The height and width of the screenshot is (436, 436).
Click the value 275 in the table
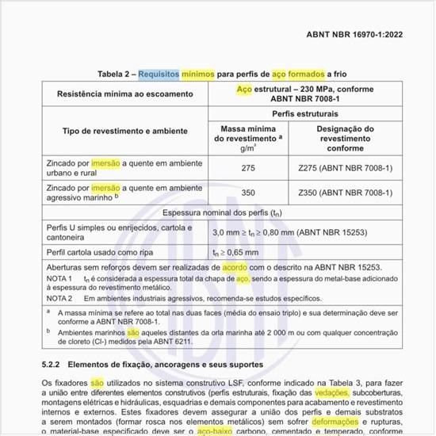[248, 168]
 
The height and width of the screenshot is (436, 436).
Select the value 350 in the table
[248, 193]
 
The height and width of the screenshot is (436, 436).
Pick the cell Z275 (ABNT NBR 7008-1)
[346, 168]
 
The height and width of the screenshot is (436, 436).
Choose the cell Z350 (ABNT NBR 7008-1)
[346, 193]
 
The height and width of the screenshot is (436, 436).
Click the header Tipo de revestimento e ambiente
[114, 130]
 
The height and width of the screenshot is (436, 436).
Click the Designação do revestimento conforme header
[346, 138]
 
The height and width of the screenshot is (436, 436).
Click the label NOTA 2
[59, 299]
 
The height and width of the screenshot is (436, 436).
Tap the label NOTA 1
[59, 280]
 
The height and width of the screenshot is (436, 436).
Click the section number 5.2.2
[53, 365]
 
